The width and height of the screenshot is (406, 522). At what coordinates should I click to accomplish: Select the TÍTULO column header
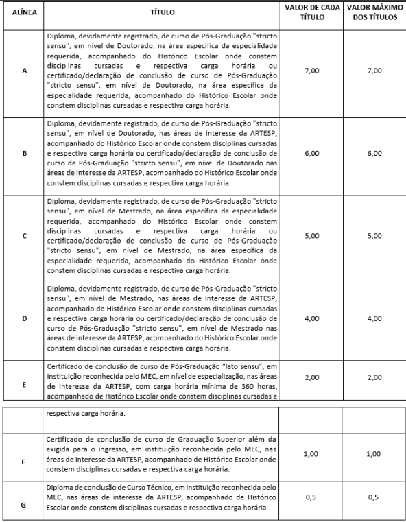point(162,12)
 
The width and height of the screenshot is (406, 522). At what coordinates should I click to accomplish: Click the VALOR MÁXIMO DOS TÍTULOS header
point(374,12)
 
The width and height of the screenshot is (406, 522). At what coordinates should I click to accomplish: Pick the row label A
point(24,71)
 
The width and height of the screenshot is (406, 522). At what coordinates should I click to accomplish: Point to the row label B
point(24,154)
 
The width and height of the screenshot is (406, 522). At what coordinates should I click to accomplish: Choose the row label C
point(24,236)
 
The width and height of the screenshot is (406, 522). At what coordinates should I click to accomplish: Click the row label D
point(24,319)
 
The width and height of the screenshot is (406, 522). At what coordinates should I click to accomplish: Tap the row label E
point(24,384)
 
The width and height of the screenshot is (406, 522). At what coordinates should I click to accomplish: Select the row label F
point(24,462)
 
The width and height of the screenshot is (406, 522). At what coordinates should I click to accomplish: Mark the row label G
point(24,505)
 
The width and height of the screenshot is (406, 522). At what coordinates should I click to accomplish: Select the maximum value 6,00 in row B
point(374,153)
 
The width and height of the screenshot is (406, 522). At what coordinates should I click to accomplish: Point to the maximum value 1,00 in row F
point(374,454)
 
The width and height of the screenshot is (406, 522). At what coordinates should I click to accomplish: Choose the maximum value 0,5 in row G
point(374,497)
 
